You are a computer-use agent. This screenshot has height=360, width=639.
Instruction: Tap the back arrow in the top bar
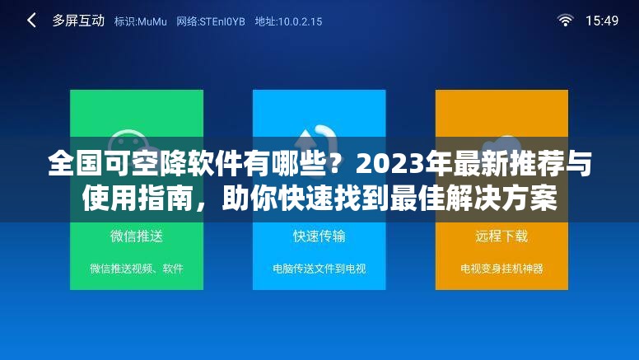tap(31, 21)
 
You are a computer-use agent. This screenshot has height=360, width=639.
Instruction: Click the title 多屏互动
tap(78, 21)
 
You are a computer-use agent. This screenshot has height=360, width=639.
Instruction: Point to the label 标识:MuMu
tap(142, 21)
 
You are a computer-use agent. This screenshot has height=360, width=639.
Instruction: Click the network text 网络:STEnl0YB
tap(211, 21)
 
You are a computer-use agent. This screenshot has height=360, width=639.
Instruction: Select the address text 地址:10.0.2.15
tap(288, 21)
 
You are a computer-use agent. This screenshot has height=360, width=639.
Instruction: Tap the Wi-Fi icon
tap(565, 21)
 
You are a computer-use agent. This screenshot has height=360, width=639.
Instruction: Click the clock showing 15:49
tap(602, 21)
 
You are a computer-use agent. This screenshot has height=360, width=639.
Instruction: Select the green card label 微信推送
tap(137, 236)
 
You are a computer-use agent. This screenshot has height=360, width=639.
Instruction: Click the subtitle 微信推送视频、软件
tap(137, 269)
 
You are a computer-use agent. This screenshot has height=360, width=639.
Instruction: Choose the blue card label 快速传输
tap(319, 236)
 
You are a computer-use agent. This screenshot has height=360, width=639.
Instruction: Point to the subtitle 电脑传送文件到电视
tap(319, 269)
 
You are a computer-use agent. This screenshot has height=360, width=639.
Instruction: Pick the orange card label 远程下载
tap(501, 236)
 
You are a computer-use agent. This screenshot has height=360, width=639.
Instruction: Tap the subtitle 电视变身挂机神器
tap(501, 269)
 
